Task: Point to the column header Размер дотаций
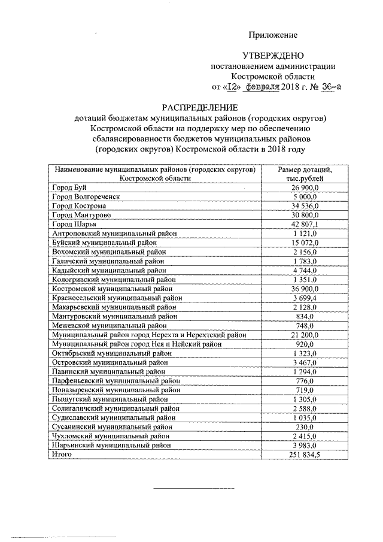tap(305, 169)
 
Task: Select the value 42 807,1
tap(305, 223)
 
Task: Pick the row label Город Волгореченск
tap(86, 197)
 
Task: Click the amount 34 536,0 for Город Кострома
tap(305, 205)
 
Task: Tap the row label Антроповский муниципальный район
tap(114, 232)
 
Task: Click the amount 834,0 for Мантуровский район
tap(305, 316)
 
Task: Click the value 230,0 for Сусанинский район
tap(305, 426)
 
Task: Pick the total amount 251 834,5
tap(305, 455)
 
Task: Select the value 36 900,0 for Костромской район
tap(305, 288)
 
